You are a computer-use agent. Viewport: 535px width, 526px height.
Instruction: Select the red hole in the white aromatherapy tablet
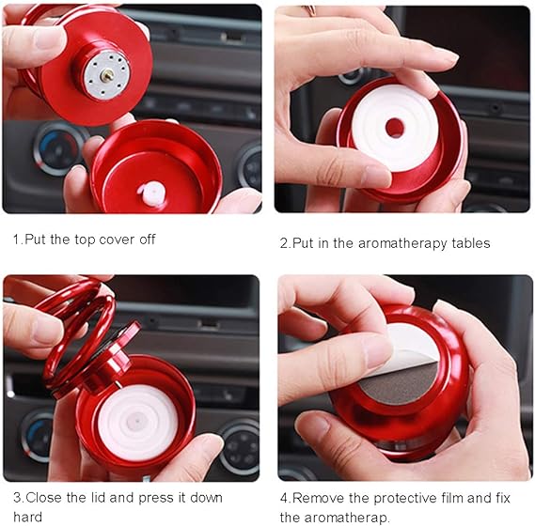tap(394, 128)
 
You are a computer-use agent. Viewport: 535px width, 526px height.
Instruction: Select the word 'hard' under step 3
tap(27, 517)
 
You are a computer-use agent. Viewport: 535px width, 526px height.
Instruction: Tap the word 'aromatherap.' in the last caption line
tap(347, 518)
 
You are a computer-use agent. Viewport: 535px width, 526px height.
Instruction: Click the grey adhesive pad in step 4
tap(400, 384)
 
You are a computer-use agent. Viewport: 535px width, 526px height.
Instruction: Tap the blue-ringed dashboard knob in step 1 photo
tap(58, 149)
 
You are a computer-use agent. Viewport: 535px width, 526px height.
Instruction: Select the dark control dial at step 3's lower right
tap(239, 446)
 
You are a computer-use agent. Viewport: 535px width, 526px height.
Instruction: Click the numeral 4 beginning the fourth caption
tap(284, 499)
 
